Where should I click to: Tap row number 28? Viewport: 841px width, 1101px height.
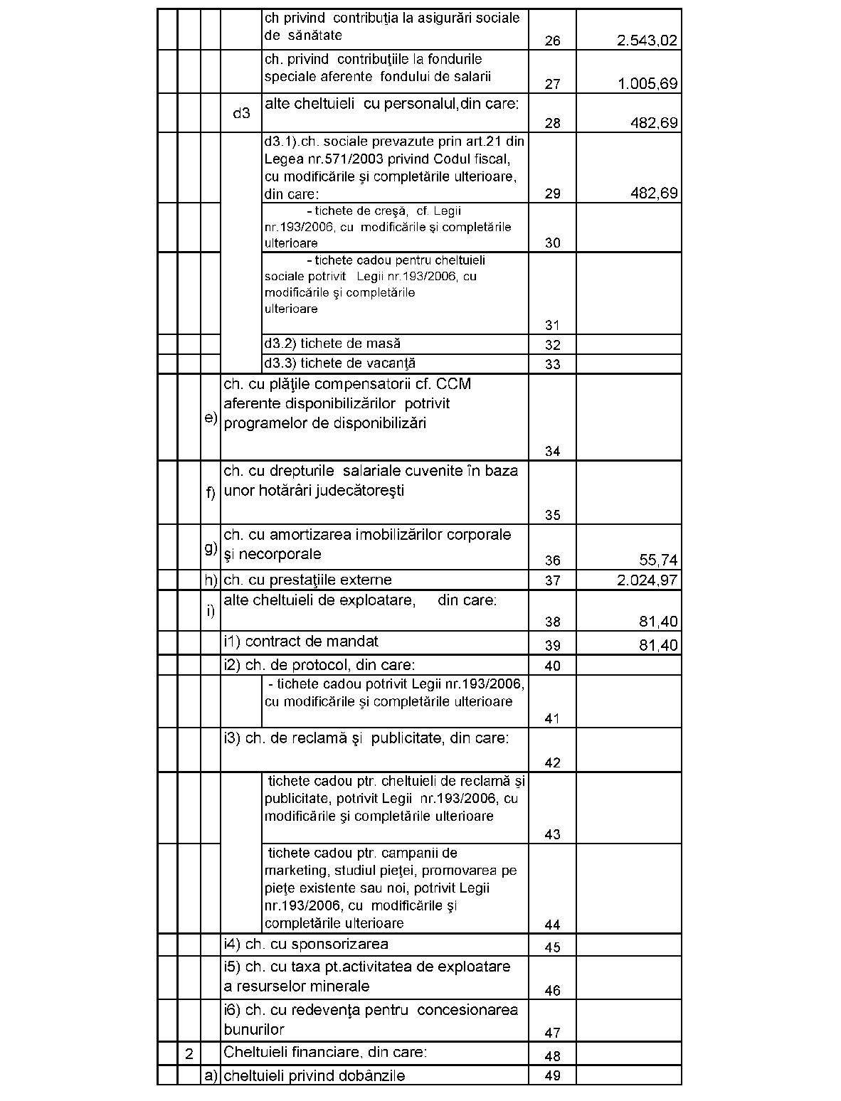(552, 123)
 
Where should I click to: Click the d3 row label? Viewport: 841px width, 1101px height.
(241, 113)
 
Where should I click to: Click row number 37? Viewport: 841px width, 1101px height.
(552, 580)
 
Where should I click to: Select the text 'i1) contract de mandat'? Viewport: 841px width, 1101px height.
(300, 642)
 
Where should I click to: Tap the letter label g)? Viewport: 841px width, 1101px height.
(211, 548)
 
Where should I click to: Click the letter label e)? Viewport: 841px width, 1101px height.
(211, 417)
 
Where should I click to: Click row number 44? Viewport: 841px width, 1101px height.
(552, 925)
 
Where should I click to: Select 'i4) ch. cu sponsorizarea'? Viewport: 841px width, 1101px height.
(306, 945)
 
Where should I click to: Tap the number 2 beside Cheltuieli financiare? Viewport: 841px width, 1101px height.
(189, 1054)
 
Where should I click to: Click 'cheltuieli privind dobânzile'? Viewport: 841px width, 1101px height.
(314, 1075)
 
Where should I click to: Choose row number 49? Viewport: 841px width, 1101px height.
(552, 1075)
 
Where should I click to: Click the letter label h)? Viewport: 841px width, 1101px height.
(211, 580)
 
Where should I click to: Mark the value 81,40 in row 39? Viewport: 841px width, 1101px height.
(659, 646)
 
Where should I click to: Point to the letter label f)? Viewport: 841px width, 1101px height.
(211, 493)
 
